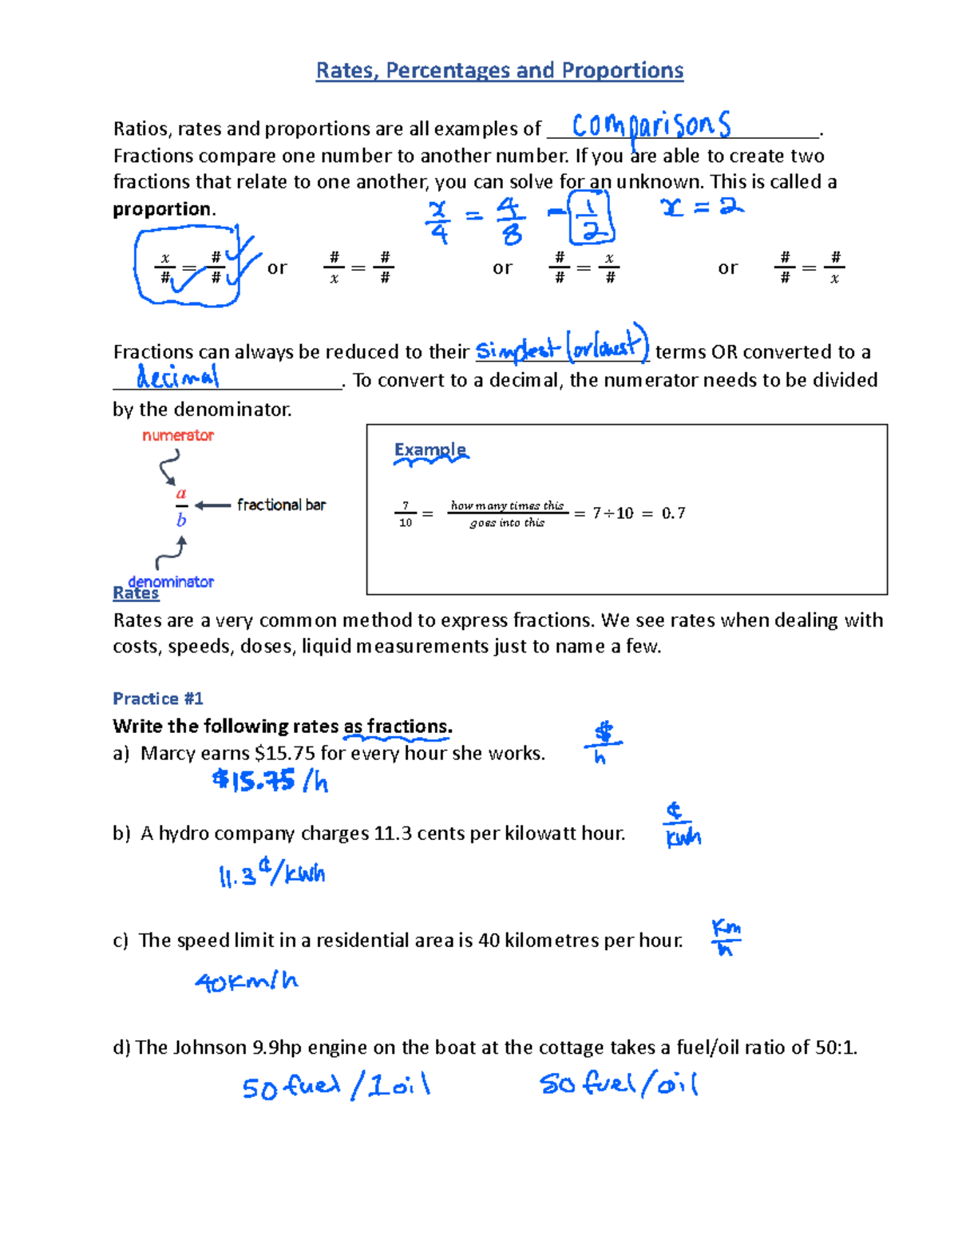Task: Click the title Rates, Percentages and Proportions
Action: pyautogui.click(x=500, y=70)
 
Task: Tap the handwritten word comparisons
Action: pyautogui.click(x=651, y=126)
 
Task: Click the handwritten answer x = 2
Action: pyautogui.click(x=702, y=208)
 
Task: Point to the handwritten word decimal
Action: pyautogui.click(x=177, y=376)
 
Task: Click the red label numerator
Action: pyautogui.click(x=178, y=435)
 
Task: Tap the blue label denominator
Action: pyautogui.click(x=171, y=581)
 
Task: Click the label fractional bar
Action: pyautogui.click(x=281, y=505)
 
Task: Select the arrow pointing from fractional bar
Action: pyautogui.click(x=212, y=505)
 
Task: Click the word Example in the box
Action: pyautogui.click(x=430, y=450)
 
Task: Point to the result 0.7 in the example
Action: pyautogui.click(x=673, y=513)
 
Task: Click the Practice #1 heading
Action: pyautogui.click(x=158, y=699)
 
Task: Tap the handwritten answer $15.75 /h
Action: pyautogui.click(x=270, y=780)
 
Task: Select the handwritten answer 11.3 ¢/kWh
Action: pyautogui.click(x=272, y=874)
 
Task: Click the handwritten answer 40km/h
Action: pyautogui.click(x=246, y=981)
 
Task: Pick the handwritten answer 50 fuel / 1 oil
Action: pyautogui.click(x=336, y=1087)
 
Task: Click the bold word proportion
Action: pyautogui.click(x=163, y=209)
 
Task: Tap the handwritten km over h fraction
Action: pyautogui.click(x=726, y=937)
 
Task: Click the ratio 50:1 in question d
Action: pyautogui.click(x=834, y=1048)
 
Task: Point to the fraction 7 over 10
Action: pyautogui.click(x=406, y=514)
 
